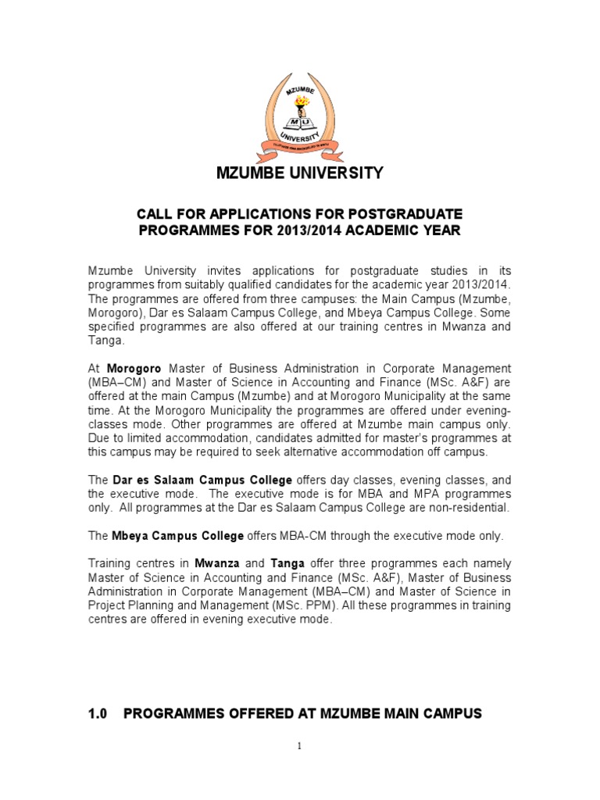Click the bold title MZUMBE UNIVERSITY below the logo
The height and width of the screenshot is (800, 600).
coord(300,173)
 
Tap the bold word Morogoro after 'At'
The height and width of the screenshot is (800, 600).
coord(134,368)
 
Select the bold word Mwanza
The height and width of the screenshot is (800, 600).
coord(217,563)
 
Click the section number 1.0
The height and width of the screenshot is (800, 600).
coord(98,713)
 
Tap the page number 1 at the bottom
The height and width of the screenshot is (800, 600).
coord(300,747)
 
